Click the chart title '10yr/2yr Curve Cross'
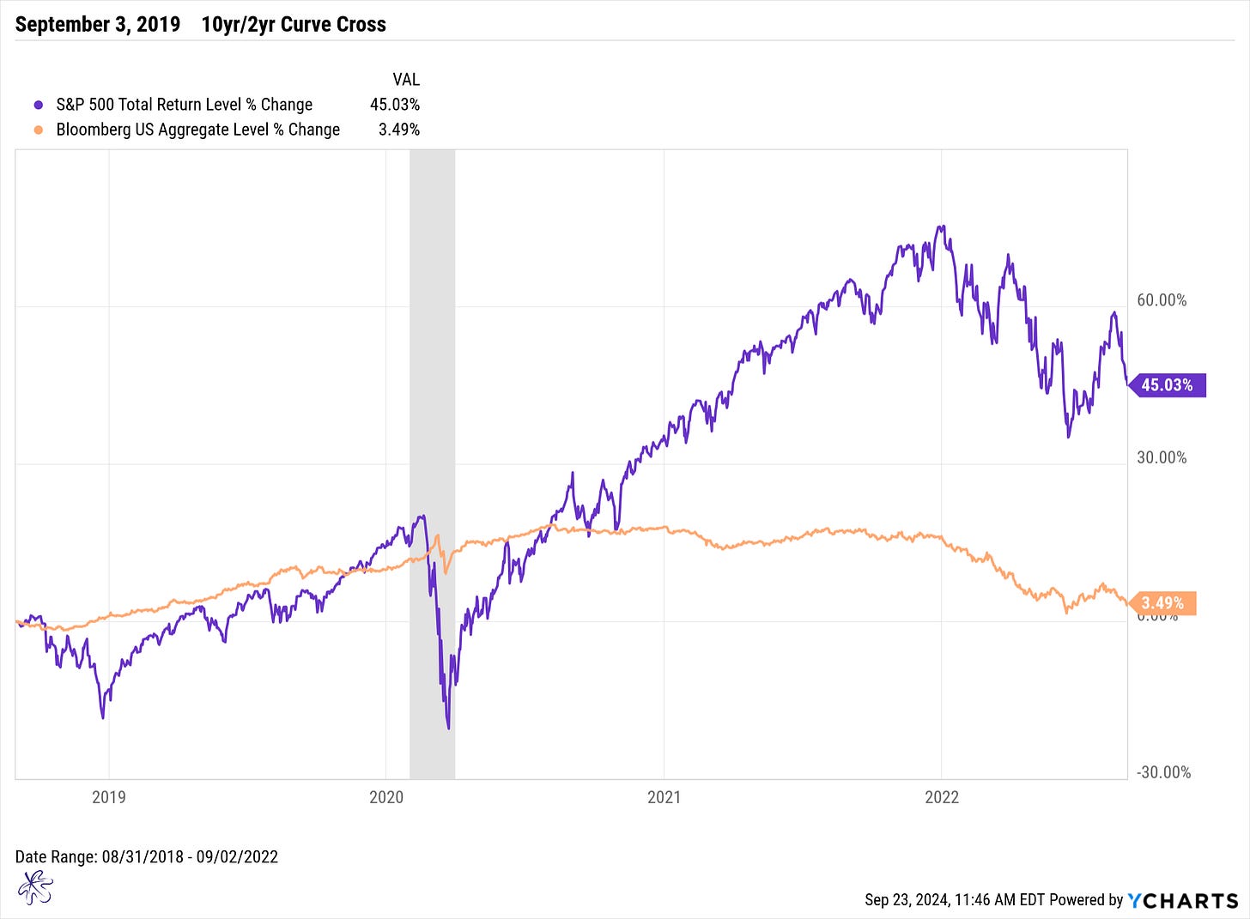click(x=294, y=24)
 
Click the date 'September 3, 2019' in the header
click(x=98, y=24)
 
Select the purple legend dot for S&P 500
click(x=38, y=105)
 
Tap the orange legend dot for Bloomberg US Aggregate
click(x=38, y=130)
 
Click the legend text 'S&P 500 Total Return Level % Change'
click(x=184, y=105)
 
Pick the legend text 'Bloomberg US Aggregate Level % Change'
click(x=197, y=130)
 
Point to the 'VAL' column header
click(x=406, y=80)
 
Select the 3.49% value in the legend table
click(x=399, y=130)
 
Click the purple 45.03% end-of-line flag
click(x=1167, y=385)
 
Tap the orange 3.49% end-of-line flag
click(x=1162, y=603)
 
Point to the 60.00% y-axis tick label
click(x=1162, y=300)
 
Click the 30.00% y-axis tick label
click(x=1162, y=457)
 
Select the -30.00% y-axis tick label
click(x=1163, y=772)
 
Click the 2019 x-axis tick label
click(x=108, y=797)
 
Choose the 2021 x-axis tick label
click(x=664, y=797)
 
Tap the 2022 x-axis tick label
click(x=942, y=797)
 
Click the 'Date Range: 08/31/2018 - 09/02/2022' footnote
click(x=147, y=856)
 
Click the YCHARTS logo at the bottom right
click(x=1182, y=900)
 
